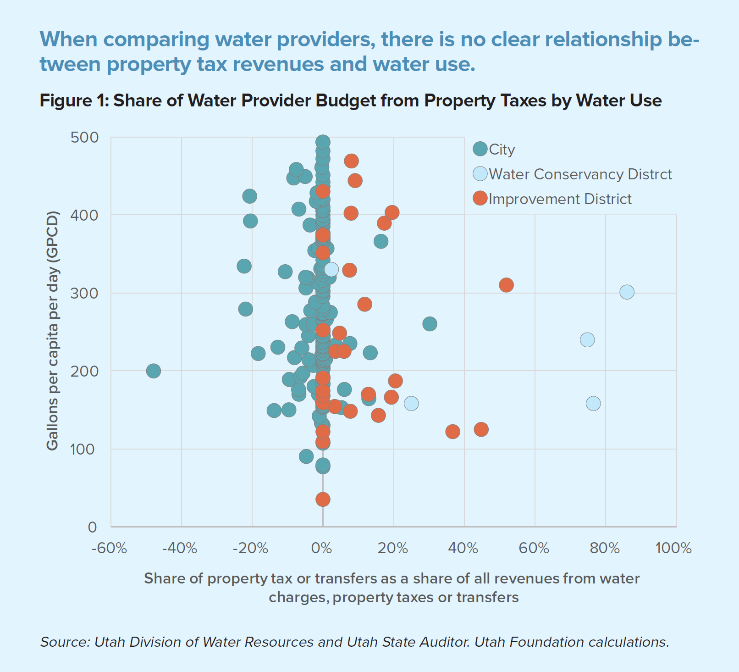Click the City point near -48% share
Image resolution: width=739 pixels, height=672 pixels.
(x=154, y=371)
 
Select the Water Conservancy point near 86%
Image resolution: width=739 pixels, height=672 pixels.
(x=627, y=292)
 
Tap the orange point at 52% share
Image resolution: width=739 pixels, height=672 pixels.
(x=506, y=285)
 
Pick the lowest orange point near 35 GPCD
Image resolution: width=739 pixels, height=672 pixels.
(x=323, y=499)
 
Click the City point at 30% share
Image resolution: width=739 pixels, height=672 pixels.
(x=430, y=324)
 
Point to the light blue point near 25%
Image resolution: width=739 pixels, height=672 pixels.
(x=411, y=403)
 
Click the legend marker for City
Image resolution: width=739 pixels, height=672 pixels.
(x=480, y=149)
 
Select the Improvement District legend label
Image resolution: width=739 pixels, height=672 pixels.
(x=560, y=199)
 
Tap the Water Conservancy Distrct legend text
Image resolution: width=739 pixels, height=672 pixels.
(x=580, y=174)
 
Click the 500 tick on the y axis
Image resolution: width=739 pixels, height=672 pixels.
(x=84, y=137)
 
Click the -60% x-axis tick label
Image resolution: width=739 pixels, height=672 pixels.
(x=109, y=548)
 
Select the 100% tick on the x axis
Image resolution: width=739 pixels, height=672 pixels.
(x=673, y=548)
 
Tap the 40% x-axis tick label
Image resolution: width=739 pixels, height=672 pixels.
(x=463, y=548)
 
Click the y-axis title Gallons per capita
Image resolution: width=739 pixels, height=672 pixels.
(x=52, y=330)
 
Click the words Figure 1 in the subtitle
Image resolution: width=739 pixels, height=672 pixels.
(x=73, y=100)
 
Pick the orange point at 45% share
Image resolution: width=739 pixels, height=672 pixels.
(x=481, y=429)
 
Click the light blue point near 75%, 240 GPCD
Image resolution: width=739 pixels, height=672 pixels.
(x=587, y=340)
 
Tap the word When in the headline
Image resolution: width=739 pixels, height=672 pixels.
(x=68, y=39)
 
